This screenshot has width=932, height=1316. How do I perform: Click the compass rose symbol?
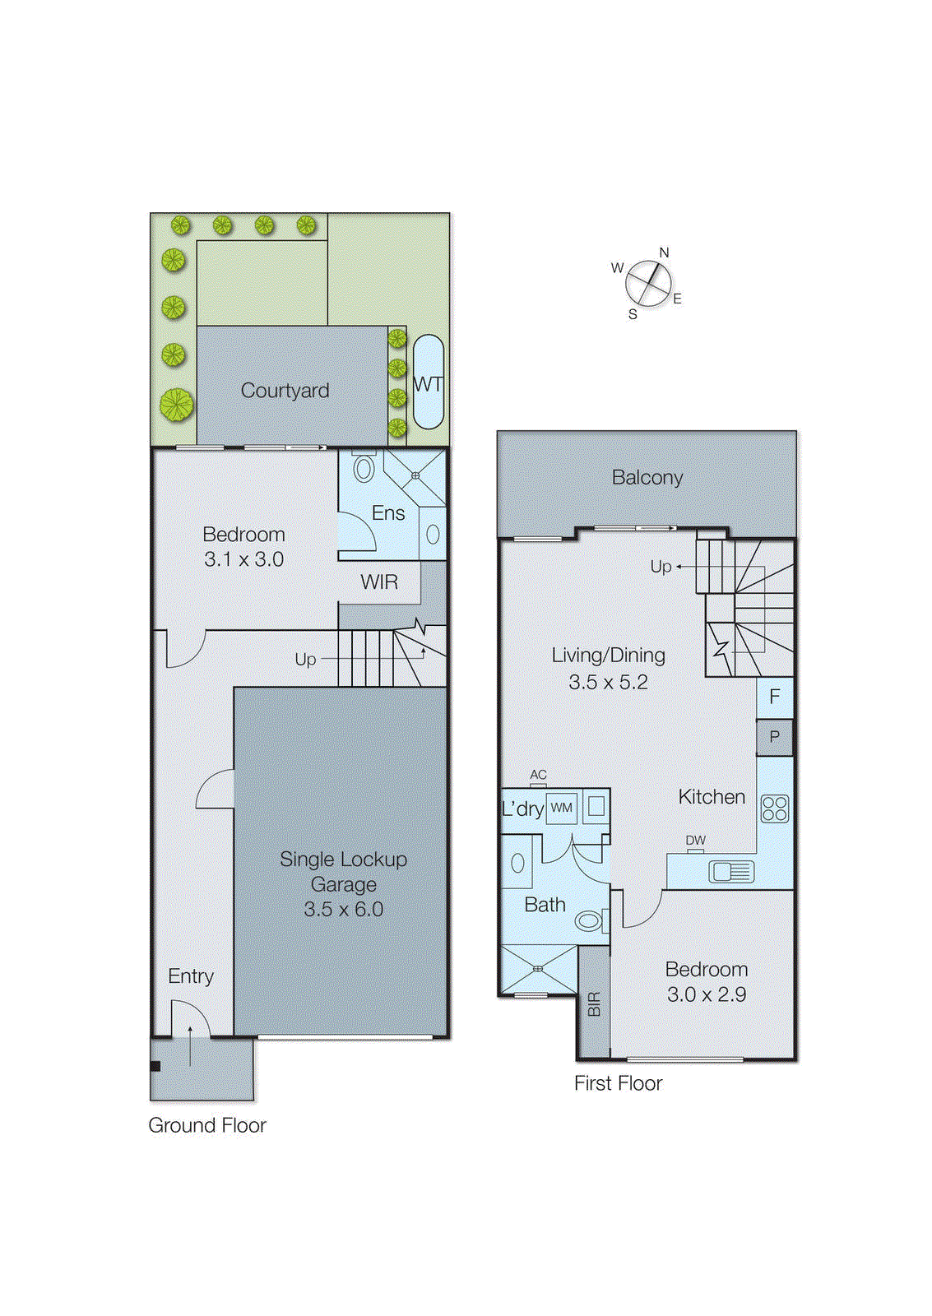pos(648,285)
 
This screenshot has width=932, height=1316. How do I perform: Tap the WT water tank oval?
pos(428,382)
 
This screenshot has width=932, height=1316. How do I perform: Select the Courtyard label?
pos(285,391)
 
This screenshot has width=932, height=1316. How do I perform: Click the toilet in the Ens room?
pos(363,469)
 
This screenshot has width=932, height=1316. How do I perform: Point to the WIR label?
pos(379,582)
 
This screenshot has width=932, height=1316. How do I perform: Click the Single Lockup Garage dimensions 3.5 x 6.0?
pos(343,910)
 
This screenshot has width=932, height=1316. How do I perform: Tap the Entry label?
pos(191,976)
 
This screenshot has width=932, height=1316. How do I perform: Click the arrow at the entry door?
pos(191,1045)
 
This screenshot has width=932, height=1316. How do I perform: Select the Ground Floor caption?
pos(207,1125)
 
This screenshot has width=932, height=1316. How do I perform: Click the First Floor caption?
pos(618,1083)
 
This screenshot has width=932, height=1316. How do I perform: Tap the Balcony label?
pos(647,478)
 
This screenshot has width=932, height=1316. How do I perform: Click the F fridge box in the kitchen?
pos(774,697)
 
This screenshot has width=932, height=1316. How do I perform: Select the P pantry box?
pos(774,737)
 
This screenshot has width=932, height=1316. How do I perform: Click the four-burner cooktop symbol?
pos(775,809)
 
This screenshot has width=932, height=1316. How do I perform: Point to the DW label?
pos(695,840)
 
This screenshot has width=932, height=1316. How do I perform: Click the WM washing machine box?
pos(562,808)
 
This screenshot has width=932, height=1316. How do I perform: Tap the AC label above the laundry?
pos(538,775)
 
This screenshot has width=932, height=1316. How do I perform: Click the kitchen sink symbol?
pos(730,871)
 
